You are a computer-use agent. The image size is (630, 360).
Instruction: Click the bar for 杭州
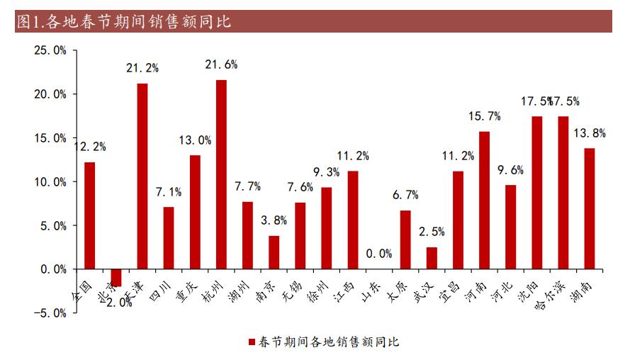pyautogui.click(x=221, y=174)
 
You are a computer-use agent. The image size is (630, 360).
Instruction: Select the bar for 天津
pyautogui.click(x=142, y=176)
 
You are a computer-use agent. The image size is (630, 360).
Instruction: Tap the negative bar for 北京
pyautogui.click(x=116, y=277)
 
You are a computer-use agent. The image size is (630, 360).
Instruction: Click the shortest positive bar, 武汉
pyautogui.click(x=432, y=258)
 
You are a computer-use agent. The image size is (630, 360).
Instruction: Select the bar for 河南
pyautogui.click(x=484, y=200)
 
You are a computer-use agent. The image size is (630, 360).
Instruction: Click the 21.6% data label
pyautogui.click(x=221, y=64)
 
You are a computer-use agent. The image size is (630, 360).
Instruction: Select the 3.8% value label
pyautogui.click(x=274, y=220)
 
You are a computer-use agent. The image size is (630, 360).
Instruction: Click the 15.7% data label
pyautogui.click(x=485, y=116)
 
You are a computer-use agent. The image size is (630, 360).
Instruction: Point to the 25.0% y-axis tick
pyautogui.click(x=50, y=50)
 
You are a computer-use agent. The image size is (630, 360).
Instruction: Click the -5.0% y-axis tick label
pyautogui.click(x=49, y=313)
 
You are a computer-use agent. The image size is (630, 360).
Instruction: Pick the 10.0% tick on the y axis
pyautogui.click(x=50, y=181)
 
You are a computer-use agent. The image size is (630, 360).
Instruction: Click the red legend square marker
pyautogui.click(x=251, y=342)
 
